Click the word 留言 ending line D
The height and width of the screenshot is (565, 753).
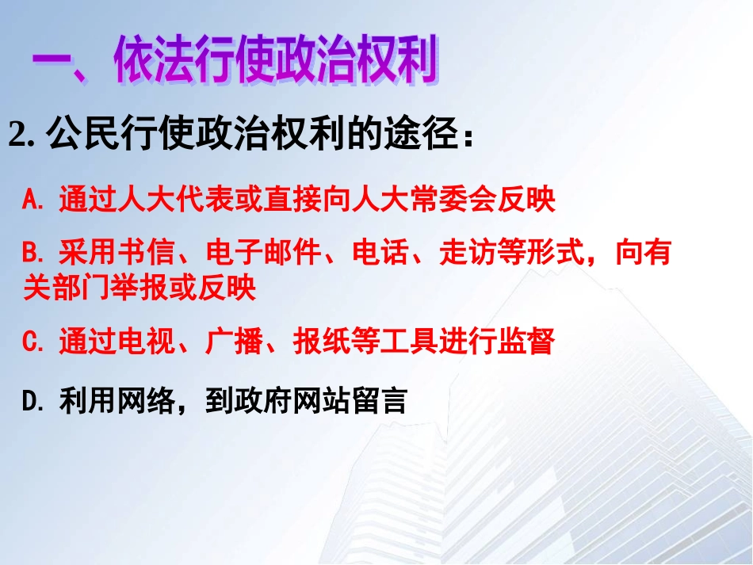point(381,402)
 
